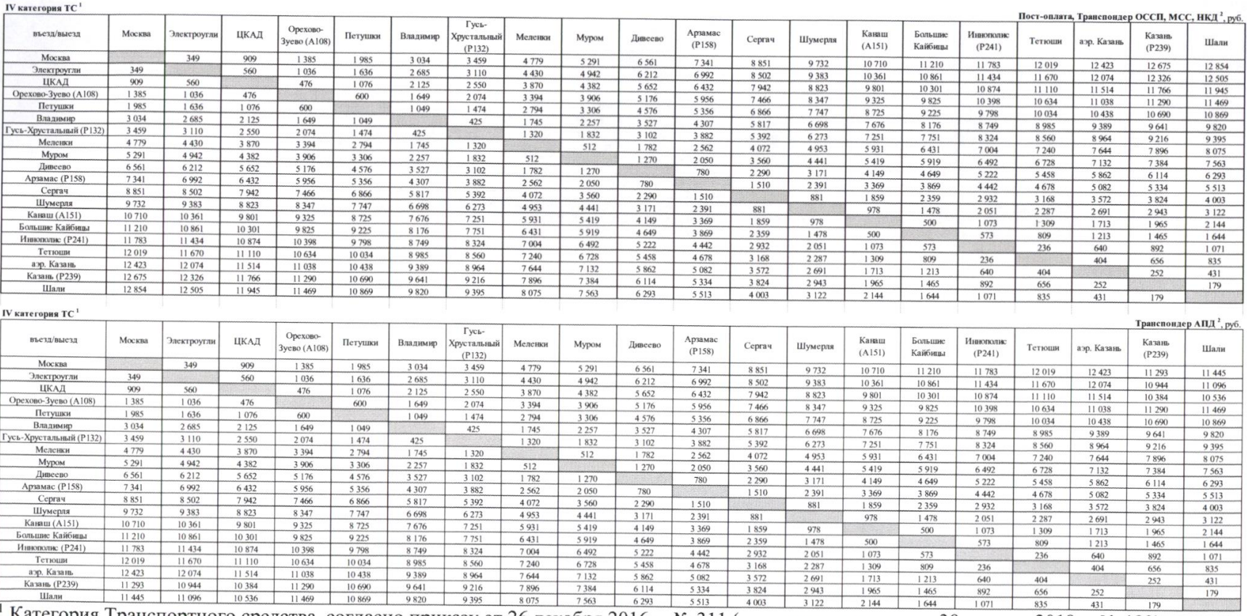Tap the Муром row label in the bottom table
(x=52, y=462)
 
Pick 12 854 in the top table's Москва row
(x=1216, y=67)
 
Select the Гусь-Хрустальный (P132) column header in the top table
(x=476, y=36)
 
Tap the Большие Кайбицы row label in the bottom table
(x=52, y=536)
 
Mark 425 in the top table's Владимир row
(x=475, y=122)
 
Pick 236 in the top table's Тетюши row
(x=1044, y=248)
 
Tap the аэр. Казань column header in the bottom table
(x=1098, y=348)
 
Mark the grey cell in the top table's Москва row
(x=136, y=57)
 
